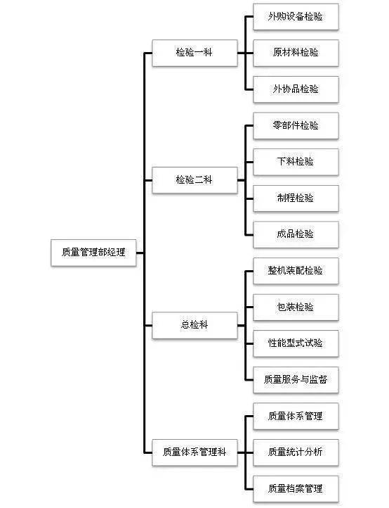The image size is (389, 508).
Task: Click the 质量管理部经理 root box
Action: [93, 253]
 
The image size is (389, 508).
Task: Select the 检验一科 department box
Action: [194, 53]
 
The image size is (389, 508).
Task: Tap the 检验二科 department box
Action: [194, 180]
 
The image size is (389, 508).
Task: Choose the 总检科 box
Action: [194, 325]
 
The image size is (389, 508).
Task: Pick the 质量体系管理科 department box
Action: [194, 452]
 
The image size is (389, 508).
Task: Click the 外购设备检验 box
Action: [295, 17]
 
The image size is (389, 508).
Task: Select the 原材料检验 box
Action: [295, 53]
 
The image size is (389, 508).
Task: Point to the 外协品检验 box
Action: [295, 89]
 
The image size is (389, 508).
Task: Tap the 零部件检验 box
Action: [295, 126]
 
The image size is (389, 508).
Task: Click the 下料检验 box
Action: [295, 162]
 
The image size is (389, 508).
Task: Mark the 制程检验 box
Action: [295, 198]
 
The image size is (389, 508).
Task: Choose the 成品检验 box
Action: [295, 234]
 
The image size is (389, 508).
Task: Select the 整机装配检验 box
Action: [295, 271]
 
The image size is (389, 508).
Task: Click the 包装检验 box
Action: [295, 307]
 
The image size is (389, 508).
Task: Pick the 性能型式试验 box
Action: [295, 343]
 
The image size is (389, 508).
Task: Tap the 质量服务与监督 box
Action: [295, 380]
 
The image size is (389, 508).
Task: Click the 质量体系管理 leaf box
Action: [295, 416]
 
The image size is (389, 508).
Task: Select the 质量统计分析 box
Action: [295, 452]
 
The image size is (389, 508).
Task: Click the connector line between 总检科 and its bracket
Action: [241, 325]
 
